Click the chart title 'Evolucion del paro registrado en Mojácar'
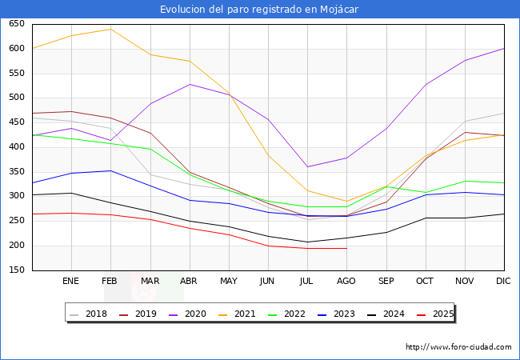click(260, 10)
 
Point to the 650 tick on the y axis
click(16, 24)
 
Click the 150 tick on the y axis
click(16, 270)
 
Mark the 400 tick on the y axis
click(16, 147)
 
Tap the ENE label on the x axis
click(71, 282)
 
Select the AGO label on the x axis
click(346, 282)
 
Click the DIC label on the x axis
click(503, 282)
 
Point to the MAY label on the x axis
click(229, 282)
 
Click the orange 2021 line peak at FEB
click(110, 29)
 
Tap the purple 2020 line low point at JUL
click(307, 167)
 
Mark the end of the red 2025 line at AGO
click(346, 248)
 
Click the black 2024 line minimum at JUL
click(307, 242)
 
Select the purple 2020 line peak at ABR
click(190, 84)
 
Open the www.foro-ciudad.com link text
click(458, 347)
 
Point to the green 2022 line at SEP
click(386, 186)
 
